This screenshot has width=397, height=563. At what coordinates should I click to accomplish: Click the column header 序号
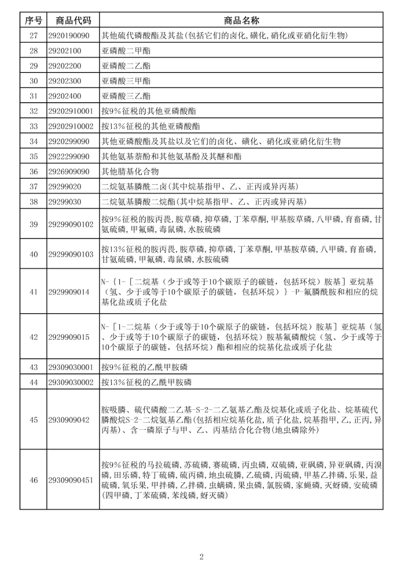point(33,20)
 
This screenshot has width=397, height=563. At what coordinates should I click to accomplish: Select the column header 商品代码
point(73,20)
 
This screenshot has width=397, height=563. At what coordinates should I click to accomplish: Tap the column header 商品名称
point(241,20)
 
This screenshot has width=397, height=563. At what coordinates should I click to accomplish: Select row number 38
point(33,202)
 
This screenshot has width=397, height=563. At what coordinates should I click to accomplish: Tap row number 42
point(33,337)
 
